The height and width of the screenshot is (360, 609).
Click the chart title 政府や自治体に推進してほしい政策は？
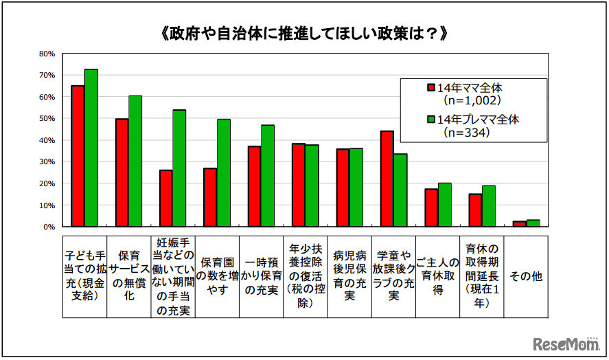coord(303,32)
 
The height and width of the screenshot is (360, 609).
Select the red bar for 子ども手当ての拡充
coord(78,156)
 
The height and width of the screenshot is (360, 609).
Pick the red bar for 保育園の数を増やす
coord(210,197)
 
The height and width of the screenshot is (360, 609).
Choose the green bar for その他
coord(533,223)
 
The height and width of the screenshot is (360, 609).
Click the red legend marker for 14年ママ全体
coord(431,88)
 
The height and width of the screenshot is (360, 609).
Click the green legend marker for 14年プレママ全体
coord(431,120)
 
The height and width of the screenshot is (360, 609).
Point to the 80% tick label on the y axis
coord(47,54)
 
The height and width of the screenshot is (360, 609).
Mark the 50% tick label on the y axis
coord(47,118)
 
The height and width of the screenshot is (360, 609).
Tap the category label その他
coord(526,276)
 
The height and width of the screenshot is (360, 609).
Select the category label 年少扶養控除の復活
coord(306,276)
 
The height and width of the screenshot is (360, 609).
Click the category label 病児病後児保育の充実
coord(349,276)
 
